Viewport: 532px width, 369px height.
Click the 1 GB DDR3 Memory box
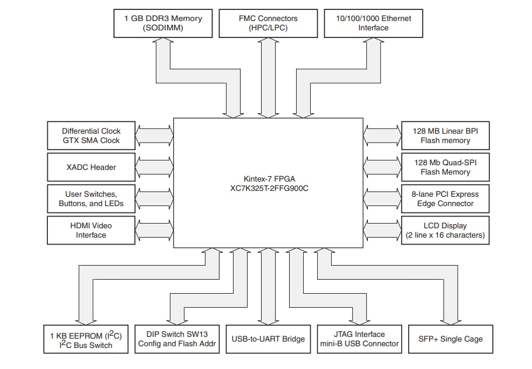pyautogui.click(x=163, y=23)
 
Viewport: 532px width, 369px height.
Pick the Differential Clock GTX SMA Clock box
pyautogui.click(x=91, y=135)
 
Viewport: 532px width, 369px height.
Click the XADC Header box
pyautogui.click(x=91, y=167)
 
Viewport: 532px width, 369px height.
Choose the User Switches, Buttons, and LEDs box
pyautogui.click(x=91, y=199)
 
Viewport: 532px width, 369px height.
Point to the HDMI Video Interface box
pyautogui.click(x=91, y=230)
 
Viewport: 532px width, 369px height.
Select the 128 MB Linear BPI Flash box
pyautogui.click(x=445, y=135)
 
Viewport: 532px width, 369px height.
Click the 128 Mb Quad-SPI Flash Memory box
pyautogui.click(x=445, y=167)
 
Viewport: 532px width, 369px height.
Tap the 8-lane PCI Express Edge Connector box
pyautogui.click(x=445, y=199)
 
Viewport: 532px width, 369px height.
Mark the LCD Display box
pyautogui.click(x=445, y=230)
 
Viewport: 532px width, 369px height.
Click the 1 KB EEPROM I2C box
pyautogui.click(x=86, y=339)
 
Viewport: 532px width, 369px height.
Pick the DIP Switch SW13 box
pyautogui.click(x=177, y=339)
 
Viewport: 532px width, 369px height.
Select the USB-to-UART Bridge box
pyautogui.click(x=268, y=339)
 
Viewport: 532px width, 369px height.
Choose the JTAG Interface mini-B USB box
pyautogui.click(x=359, y=339)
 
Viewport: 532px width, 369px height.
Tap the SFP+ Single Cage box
pyautogui.click(x=451, y=339)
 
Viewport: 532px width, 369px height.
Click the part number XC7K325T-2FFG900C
pyautogui.click(x=268, y=189)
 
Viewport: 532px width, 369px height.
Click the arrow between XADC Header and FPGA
pyautogui.click(x=154, y=167)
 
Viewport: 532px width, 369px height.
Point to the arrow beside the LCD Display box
pyautogui.click(x=382, y=230)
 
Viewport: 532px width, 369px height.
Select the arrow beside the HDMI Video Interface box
pyautogui.click(x=154, y=230)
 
